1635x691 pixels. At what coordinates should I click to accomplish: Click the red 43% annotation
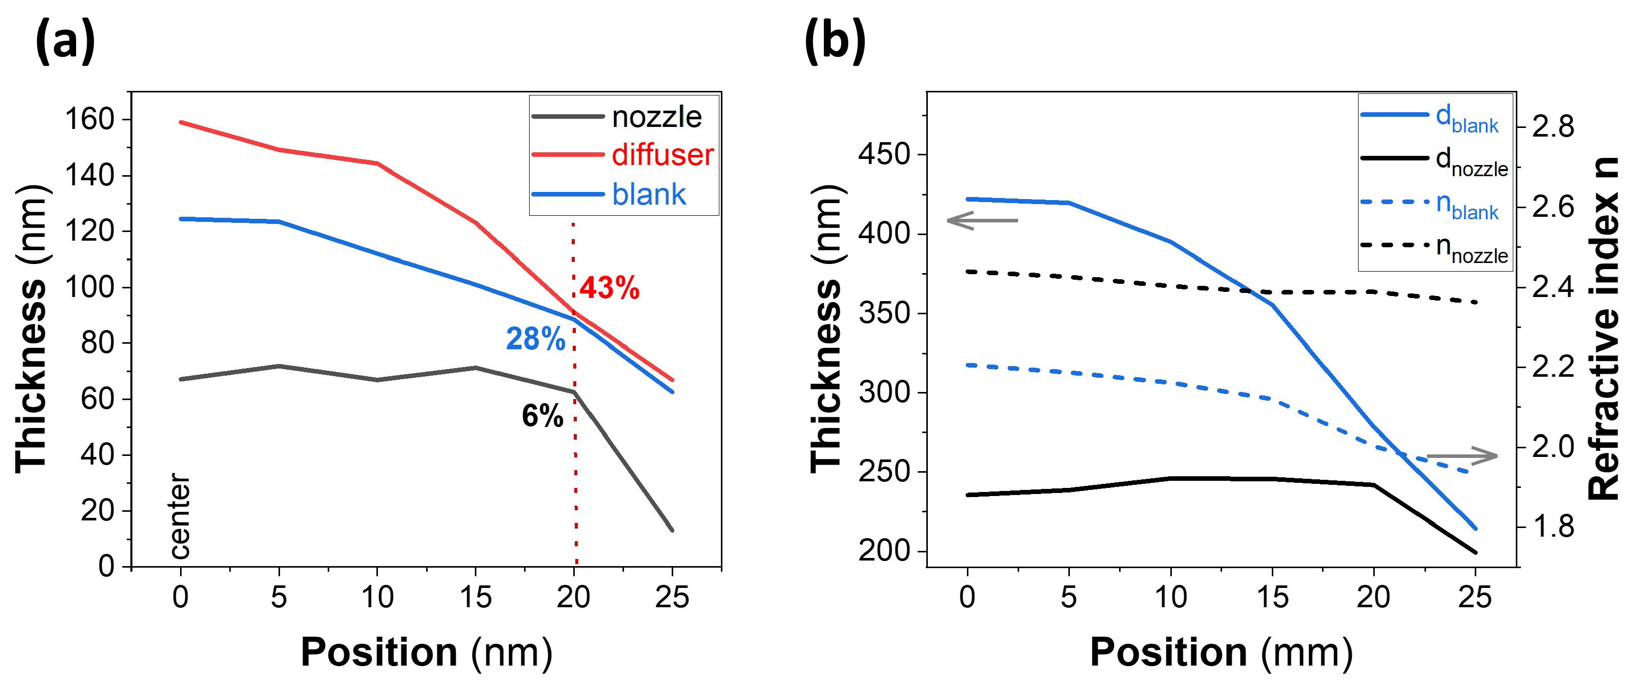[x=609, y=288]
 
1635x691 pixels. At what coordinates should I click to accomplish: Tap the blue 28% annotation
[x=535, y=339]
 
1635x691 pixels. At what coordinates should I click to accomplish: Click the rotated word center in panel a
[x=180, y=516]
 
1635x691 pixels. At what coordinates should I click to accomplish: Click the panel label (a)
[x=66, y=41]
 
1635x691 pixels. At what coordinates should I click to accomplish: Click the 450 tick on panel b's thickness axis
[x=884, y=154]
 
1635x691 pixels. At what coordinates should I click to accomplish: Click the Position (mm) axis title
[x=1221, y=653]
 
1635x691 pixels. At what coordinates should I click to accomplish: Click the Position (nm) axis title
[x=426, y=653]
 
